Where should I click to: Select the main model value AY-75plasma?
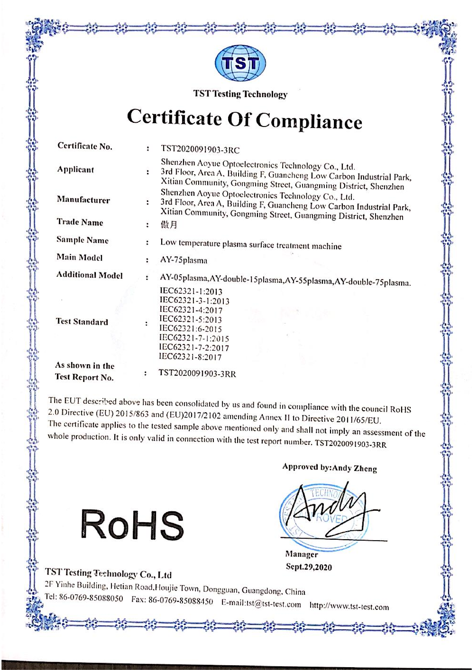pyautogui.click(x=184, y=260)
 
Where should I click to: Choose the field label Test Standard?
pyautogui.click(x=82, y=322)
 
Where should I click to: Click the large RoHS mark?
pyautogui.click(x=132, y=524)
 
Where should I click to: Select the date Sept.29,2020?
pyautogui.click(x=309, y=567)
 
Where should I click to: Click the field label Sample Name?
pyautogui.click(x=82, y=240)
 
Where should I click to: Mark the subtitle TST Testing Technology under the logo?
pyautogui.click(x=240, y=94)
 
